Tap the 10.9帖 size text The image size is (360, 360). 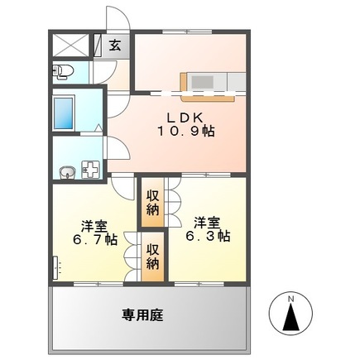coord(186,131)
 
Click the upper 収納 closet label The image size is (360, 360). coord(153,202)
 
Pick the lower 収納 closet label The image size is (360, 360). coord(153,256)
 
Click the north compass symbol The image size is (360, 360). coord(290,315)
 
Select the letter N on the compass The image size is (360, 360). coord(290,299)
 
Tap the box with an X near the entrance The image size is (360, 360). coord(72,45)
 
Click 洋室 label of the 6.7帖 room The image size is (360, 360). coord(92,225)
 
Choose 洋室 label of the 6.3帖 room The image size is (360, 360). coord(207,221)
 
